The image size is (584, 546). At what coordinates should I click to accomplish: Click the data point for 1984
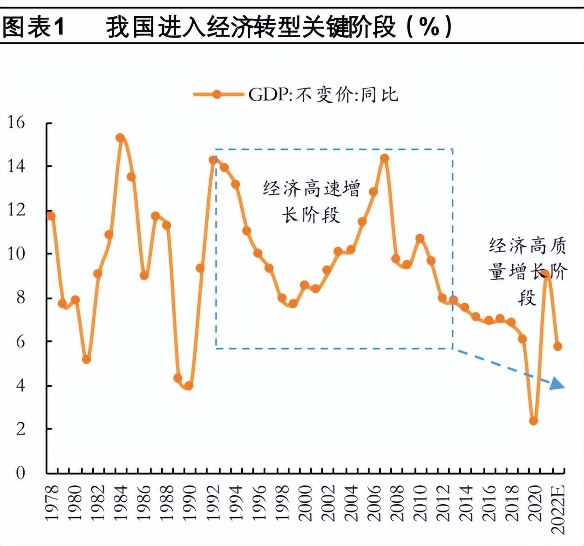point(120,138)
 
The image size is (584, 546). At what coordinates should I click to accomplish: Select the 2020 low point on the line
point(533,421)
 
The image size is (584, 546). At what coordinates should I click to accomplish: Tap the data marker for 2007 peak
point(384,158)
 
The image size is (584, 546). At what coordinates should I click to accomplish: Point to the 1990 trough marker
point(189,386)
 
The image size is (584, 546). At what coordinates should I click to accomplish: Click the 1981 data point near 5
point(86,359)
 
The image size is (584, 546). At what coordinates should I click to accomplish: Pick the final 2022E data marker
point(557,346)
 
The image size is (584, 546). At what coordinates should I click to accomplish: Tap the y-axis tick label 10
point(16,254)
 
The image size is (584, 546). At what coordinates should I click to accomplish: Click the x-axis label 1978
point(52,503)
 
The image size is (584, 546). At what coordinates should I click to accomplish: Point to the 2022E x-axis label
point(558,509)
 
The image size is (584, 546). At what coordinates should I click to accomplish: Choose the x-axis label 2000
point(305,503)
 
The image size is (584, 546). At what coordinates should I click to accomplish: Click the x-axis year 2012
point(443,503)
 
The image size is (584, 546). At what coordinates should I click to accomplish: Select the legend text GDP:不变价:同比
point(323,95)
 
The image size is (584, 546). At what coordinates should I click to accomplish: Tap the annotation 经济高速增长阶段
point(311,202)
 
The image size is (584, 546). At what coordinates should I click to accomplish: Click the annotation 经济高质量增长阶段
point(527,271)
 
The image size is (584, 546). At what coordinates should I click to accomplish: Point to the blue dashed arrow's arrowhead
point(557,384)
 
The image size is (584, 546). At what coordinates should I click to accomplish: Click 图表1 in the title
point(33,27)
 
